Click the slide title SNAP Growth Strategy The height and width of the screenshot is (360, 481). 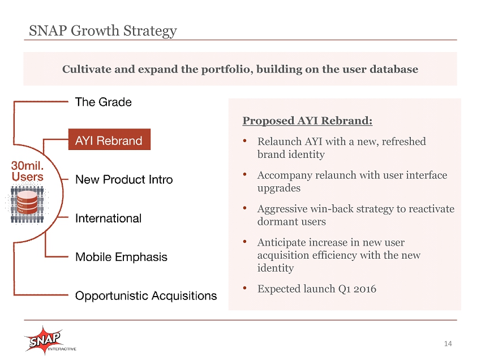click(103, 31)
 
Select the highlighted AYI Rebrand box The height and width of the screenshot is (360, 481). click(109, 139)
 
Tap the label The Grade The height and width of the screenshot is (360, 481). click(104, 102)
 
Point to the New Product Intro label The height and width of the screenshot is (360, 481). click(124, 179)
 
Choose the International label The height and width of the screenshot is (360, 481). click(108, 218)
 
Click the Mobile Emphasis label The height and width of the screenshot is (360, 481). click(121, 257)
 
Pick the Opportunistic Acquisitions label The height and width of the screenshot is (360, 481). click(146, 296)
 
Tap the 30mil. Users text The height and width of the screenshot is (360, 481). click(27, 172)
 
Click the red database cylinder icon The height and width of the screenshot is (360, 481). click(27, 202)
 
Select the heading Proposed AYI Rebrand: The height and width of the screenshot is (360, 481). click(307, 121)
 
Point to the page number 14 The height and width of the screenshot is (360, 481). click(448, 344)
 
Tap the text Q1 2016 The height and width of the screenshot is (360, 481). click(357, 289)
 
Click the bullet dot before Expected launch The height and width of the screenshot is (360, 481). click(245, 288)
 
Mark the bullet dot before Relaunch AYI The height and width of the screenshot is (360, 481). click(245, 140)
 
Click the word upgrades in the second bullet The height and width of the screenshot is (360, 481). click(279, 188)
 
